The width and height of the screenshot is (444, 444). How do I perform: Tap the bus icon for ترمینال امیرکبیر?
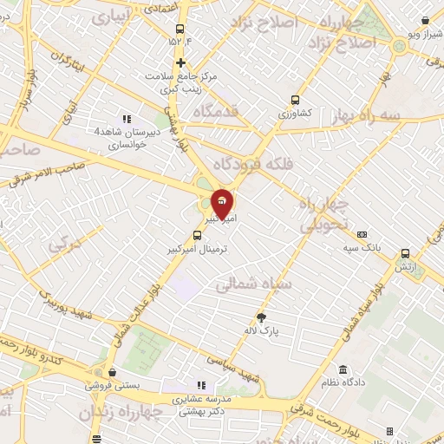pos(197,233)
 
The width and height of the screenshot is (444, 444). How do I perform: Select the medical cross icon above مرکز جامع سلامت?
pos(180,62)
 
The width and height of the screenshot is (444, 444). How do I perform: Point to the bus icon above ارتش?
pos(405,254)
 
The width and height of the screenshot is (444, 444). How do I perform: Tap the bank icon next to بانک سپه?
pos(362,234)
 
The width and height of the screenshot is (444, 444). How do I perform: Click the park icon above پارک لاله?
pos(262,317)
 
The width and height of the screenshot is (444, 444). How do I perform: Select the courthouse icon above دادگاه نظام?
pos(344,369)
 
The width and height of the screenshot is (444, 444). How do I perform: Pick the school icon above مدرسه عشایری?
pos(201,385)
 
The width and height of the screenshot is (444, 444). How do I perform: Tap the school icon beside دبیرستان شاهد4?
pos(127,119)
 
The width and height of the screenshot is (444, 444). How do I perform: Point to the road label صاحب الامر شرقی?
pos(52,172)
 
